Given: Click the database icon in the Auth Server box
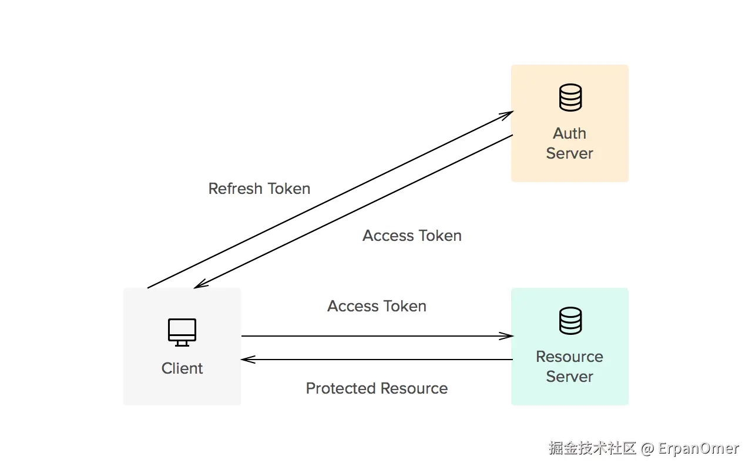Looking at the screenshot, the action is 570,98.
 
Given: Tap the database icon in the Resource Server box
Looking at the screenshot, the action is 570,321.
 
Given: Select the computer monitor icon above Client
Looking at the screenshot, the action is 182,333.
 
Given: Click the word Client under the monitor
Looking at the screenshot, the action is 182,368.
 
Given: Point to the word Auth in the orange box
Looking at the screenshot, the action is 570,133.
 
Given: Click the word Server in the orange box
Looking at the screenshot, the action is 570,153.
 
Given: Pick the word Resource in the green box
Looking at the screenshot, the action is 570,357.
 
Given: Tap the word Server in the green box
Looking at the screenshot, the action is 570,377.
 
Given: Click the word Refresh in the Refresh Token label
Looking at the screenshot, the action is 236,189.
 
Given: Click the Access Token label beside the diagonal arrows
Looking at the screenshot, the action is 412,236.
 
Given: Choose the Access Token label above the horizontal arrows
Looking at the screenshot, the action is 377,306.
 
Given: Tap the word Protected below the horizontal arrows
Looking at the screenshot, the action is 341,388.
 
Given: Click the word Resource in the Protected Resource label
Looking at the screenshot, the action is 414,388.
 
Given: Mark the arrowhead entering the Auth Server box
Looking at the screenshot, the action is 507,115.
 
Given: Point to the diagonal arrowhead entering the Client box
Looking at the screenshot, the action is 201,284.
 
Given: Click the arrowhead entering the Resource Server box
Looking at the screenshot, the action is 506,335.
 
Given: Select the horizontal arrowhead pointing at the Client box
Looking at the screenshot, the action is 248,360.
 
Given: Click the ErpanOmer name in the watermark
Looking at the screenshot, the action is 699,448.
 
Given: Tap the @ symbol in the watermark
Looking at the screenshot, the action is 647,449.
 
